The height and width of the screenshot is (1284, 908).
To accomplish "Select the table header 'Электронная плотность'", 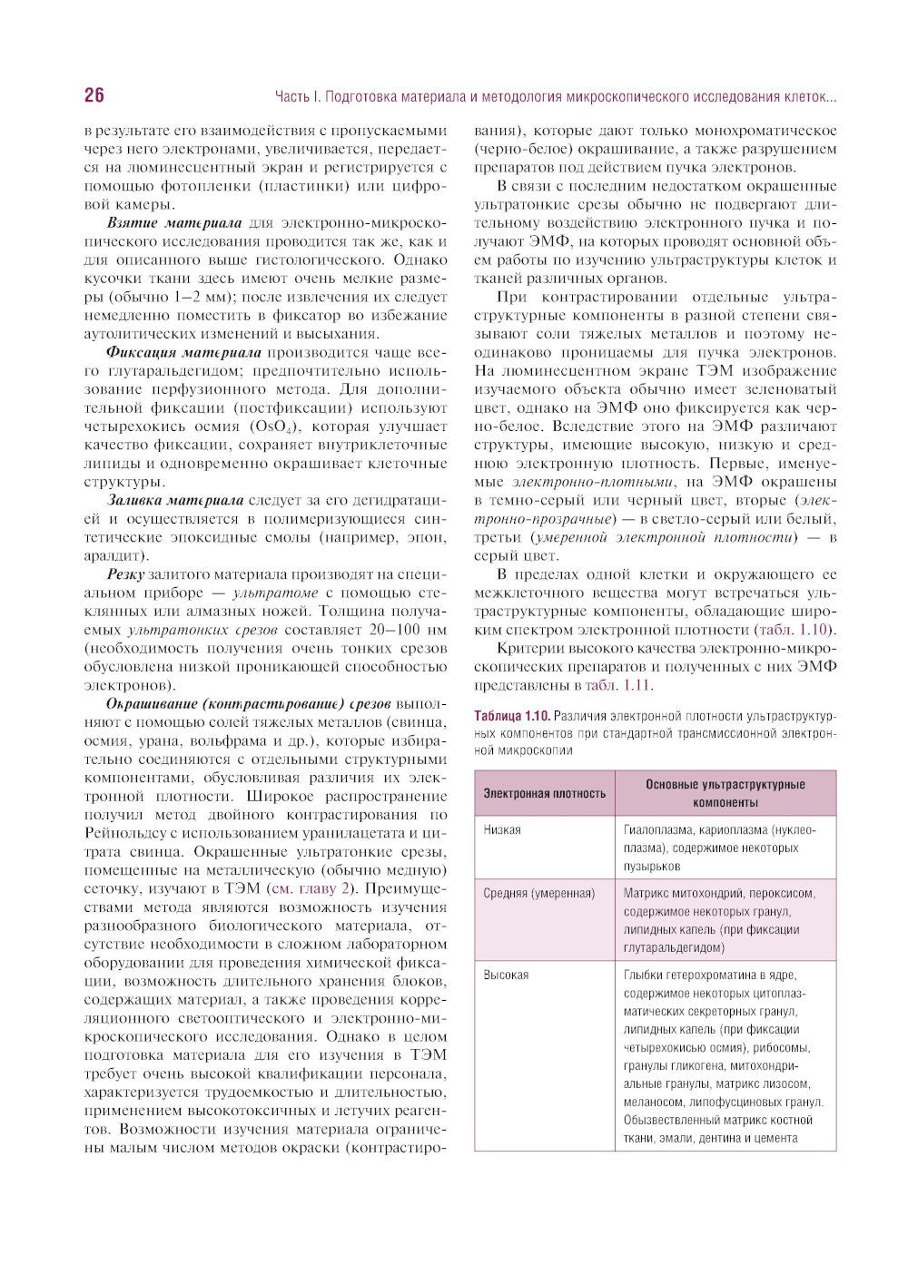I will point(544,793).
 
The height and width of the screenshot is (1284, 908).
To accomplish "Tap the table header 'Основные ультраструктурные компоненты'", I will point(725,793).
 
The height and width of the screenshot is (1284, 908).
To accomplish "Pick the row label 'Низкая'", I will point(502,829).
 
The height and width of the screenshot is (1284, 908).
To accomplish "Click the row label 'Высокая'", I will point(506,975).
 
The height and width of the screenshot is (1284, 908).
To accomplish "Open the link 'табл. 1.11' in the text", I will point(618,685).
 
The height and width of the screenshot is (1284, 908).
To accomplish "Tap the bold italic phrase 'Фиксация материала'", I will point(183,352).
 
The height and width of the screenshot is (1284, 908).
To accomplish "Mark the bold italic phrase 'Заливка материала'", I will point(175,500).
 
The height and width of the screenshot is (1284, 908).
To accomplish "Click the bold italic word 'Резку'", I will point(125,573).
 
